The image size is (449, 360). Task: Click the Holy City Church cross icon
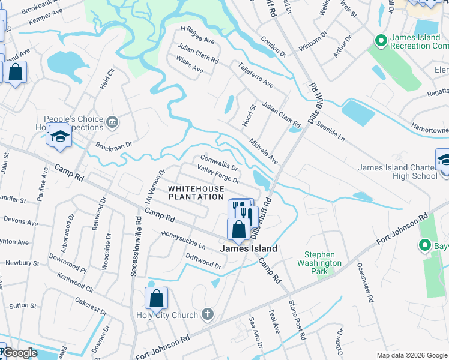[x=208, y=314]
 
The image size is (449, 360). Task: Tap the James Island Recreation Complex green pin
[x=379, y=41]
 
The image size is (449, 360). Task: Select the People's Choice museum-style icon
[x=112, y=124]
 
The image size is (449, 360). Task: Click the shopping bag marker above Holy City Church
[x=156, y=298]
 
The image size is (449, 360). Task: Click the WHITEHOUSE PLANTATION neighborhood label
[x=196, y=193]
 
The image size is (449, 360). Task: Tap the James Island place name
[x=249, y=248]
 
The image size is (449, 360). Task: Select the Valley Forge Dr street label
[x=218, y=176]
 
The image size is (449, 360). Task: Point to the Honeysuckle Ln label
[x=183, y=239]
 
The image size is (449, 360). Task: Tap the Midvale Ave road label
[x=264, y=151]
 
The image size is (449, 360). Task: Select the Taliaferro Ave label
[x=256, y=75]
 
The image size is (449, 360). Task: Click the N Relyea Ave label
[x=197, y=34]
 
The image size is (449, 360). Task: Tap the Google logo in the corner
[x=20, y=353]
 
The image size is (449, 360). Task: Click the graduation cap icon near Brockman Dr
[x=60, y=137]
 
